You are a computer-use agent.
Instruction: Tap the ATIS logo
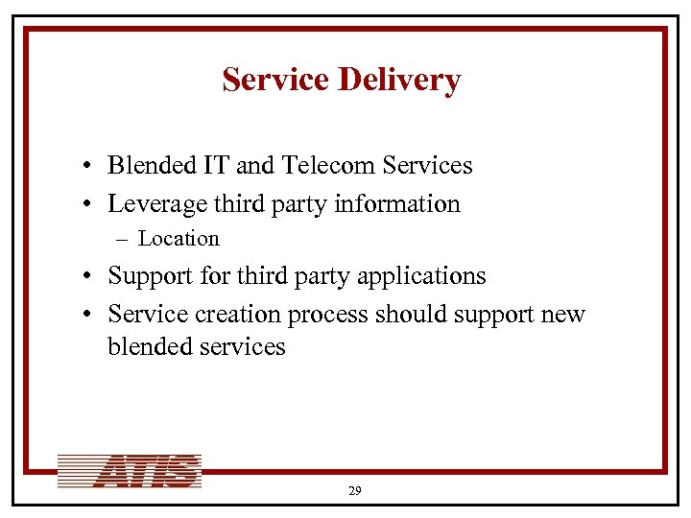pos(129,472)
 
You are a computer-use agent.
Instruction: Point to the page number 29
pos(354,490)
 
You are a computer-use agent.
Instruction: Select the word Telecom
pos(328,166)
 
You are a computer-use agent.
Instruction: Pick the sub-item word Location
pos(179,239)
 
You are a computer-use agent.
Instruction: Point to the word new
pos(563,315)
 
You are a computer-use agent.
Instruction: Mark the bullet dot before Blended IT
pos(86,167)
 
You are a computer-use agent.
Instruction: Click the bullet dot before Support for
pos(86,277)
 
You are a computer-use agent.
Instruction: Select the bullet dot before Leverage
pos(86,205)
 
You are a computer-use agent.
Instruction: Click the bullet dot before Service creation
pos(86,316)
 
